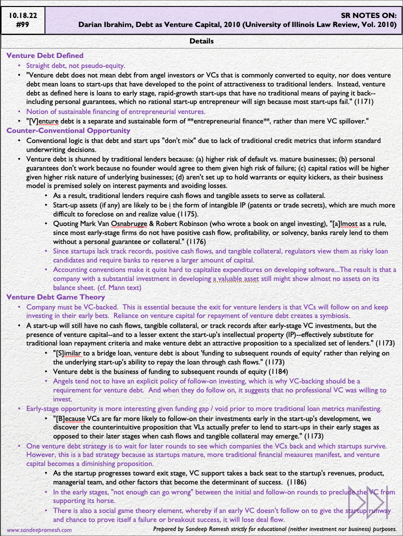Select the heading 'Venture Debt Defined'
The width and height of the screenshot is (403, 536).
pyautogui.click(x=45, y=55)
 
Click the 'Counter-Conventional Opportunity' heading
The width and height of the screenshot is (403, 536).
pyautogui.click(x=68, y=130)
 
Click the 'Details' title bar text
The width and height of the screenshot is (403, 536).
pyautogui.click(x=201, y=41)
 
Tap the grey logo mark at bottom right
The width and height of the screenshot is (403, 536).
pyautogui.click(x=371, y=502)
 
